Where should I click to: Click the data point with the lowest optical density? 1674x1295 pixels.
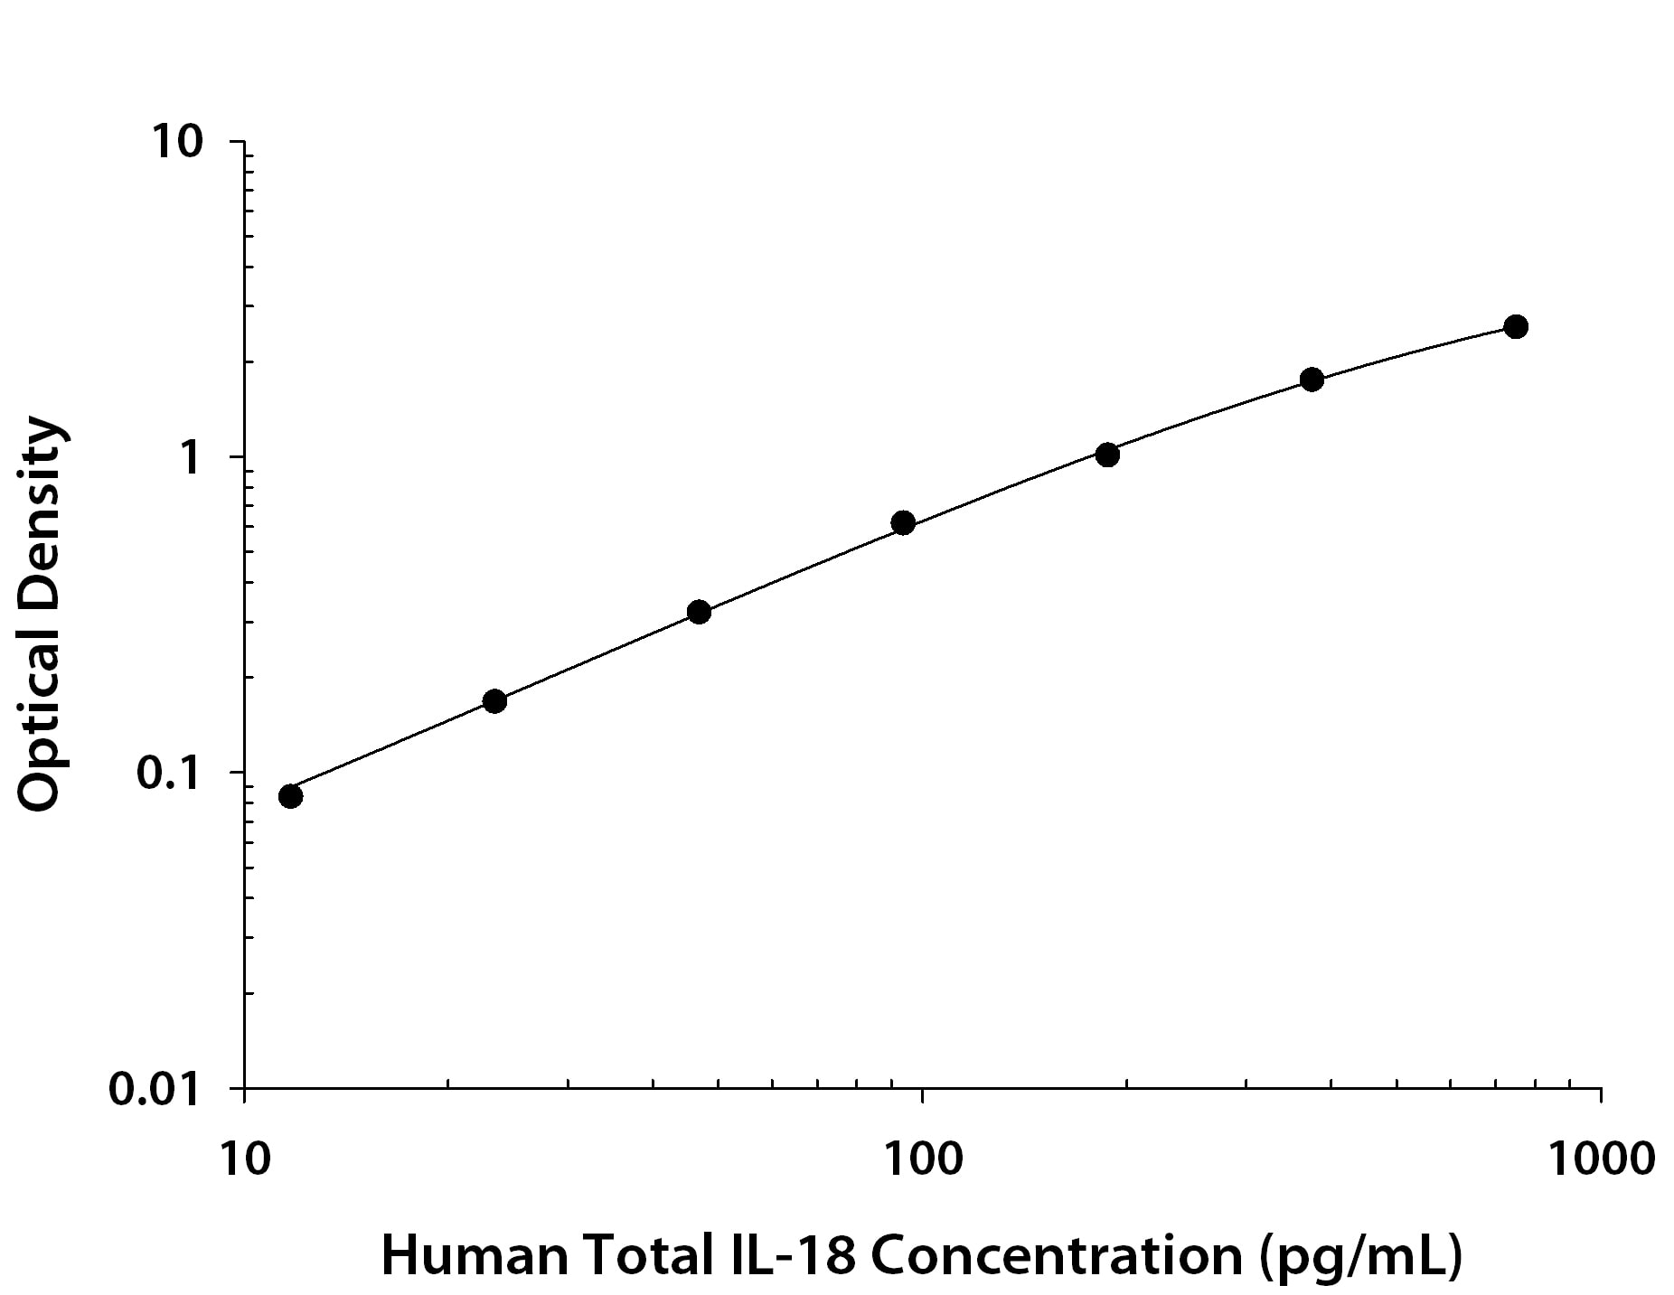[x=290, y=796]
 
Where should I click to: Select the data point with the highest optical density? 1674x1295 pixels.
[x=1516, y=327]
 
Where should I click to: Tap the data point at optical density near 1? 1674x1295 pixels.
[x=1107, y=455]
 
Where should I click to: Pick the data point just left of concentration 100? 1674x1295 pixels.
[x=903, y=522]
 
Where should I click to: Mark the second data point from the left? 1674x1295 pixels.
[x=494, y=701]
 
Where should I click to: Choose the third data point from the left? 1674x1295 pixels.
[x=699, y=613]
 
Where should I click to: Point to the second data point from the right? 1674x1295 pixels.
[x=1312, y=380]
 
